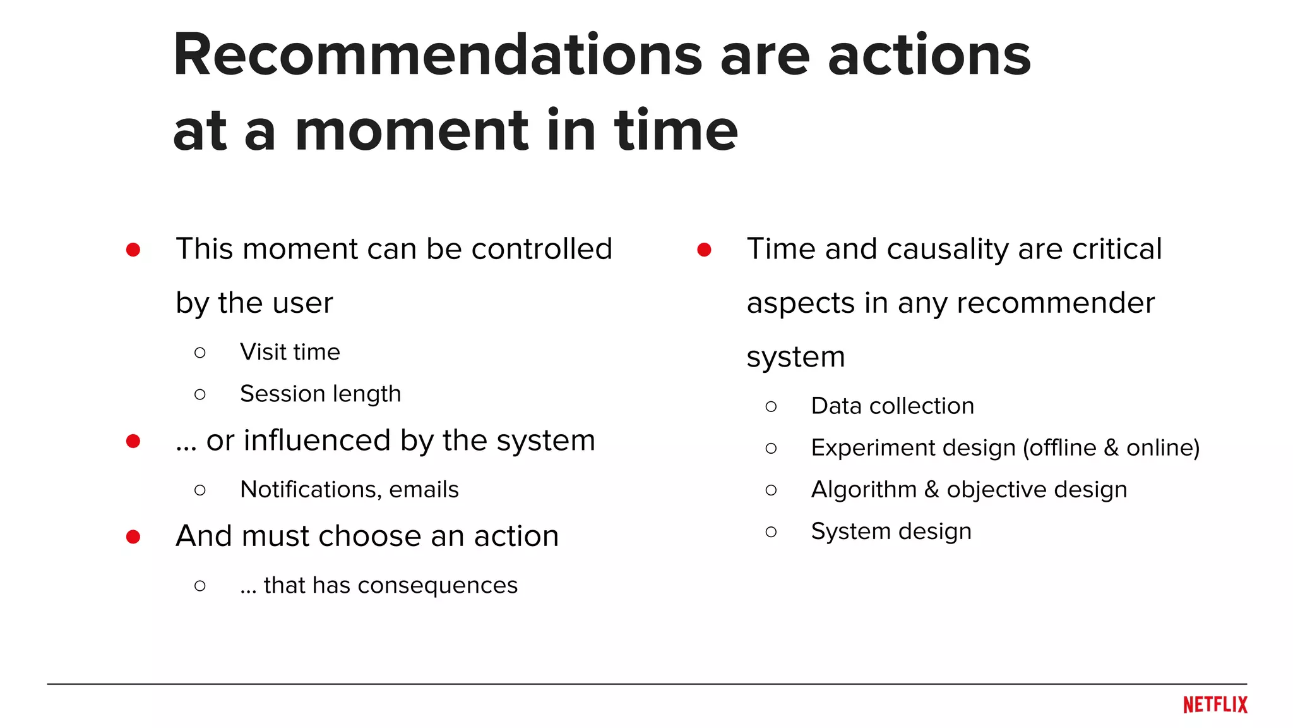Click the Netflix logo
click(x=1215, y=705)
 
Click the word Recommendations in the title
click(x=437, y=56)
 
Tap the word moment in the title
click(x=411, y=131)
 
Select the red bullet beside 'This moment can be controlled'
click(x=133, y=250)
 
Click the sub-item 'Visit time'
click(x=290, y=352)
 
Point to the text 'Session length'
click(x=320, y=394)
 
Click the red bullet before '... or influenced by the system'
click(x=133, y=441)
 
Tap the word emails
click(x=424, y=490)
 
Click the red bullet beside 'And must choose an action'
click(x=133, y=537)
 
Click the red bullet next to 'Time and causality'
click(x=705, y=250)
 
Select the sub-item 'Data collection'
click(x=892, y=406)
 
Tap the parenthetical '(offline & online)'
click(x=1111, y=448)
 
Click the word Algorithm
click(x=863, y=490)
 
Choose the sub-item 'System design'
click(x=891, y=531)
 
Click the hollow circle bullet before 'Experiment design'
click(x=771, y=449)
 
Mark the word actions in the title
click(x=929, y=56)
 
